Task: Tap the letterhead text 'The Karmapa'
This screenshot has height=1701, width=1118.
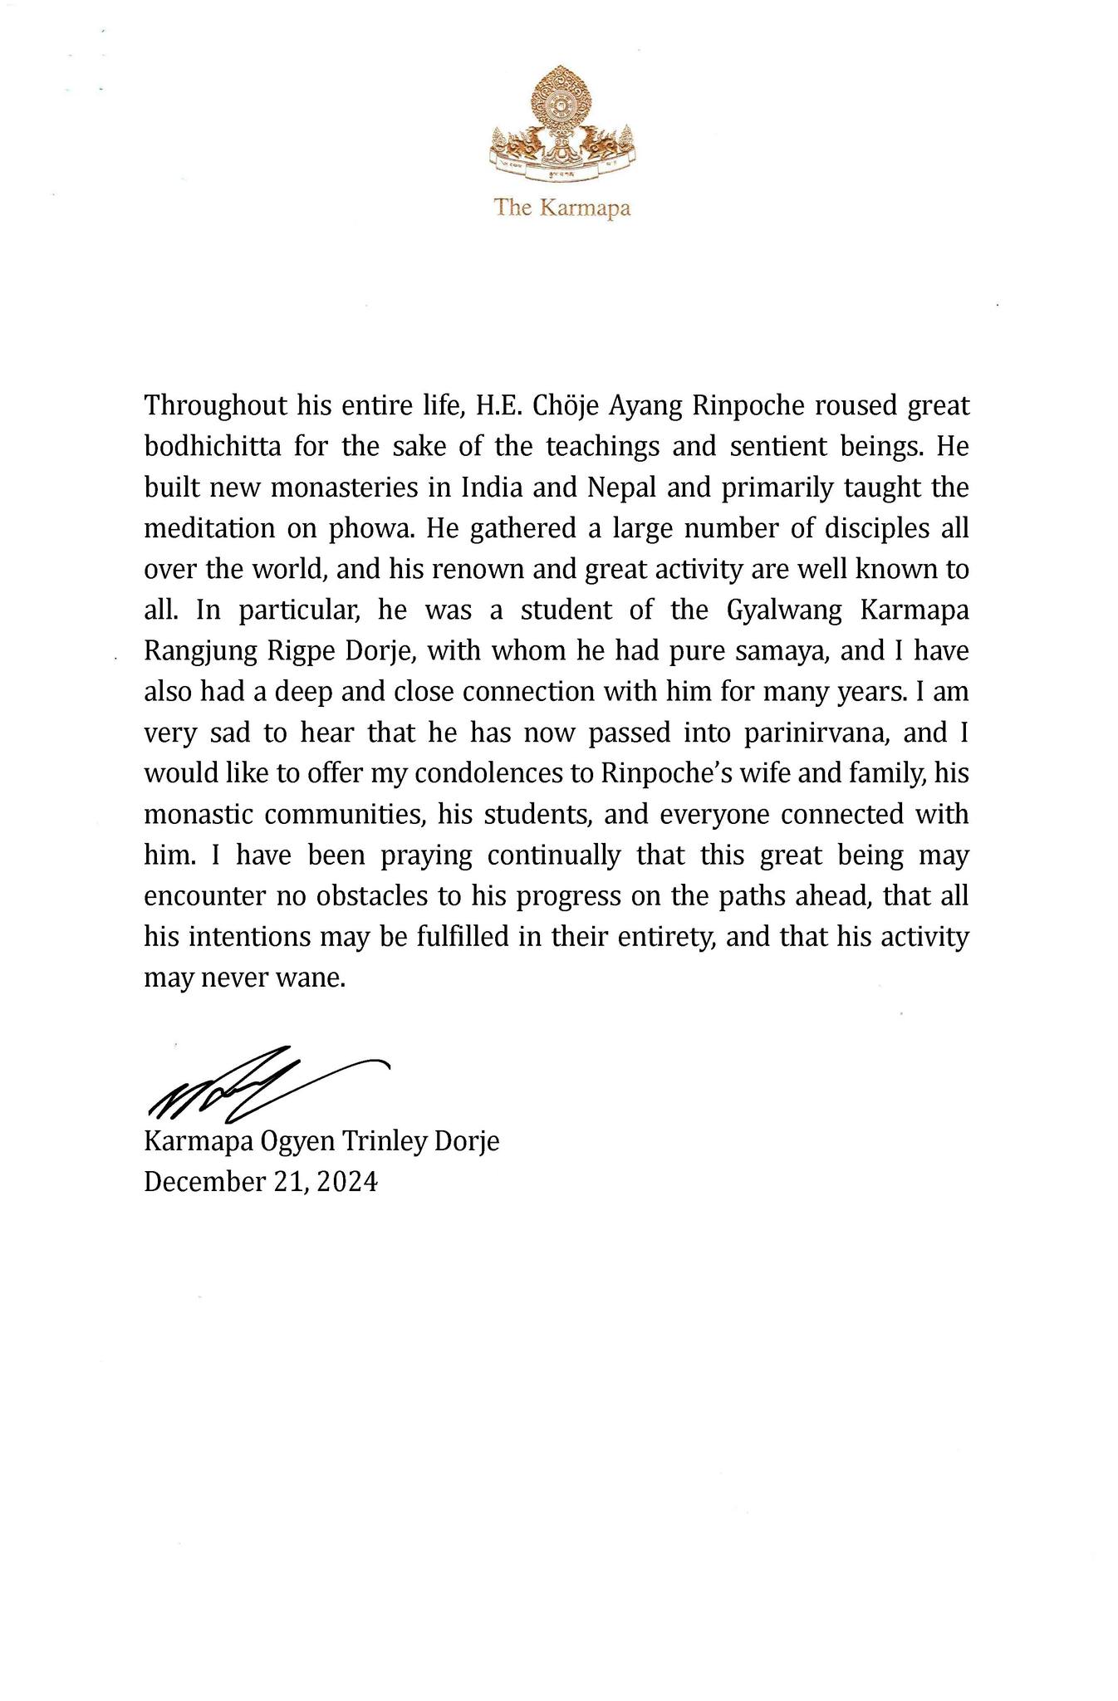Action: (x=562, y=207)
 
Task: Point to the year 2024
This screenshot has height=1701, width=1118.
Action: (x=346, y=1181)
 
